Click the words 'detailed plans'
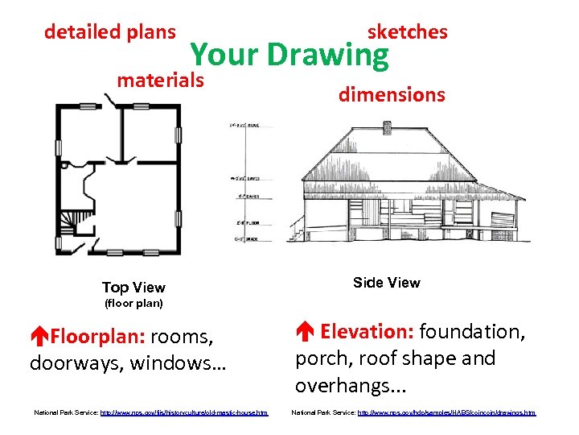pyautogui.click(x=109, y=32)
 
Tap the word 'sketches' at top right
pyautogui.click(x=407, y=32)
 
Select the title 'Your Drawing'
pyautogui.click(x=289, y=55)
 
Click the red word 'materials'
pyautogui.click(x=160, y=81)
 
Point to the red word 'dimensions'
pyautogui.click(x=391, y=94)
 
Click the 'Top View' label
pyautogui.click(x=133, y=288)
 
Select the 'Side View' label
pyautogui.click(x=386, y=282)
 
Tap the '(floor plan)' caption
pyautogui.click(x=134, y=304)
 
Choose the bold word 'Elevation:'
pyautogui.click(x=366, y=331)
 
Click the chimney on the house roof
pyautogui.click(x=387, y=127)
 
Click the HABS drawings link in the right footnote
pyautogui.click(x=446, y=412)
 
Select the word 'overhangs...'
pyautogui.click(x=338, y=385)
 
